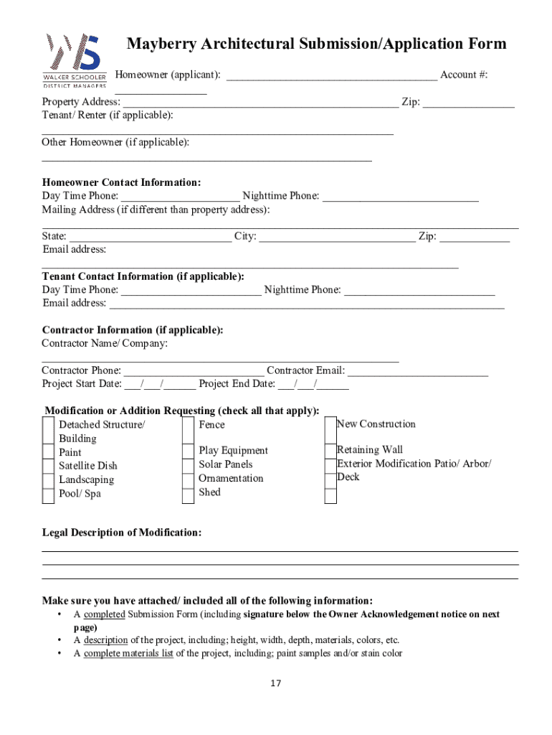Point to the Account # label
(464, 75)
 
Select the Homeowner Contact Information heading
(121, 182)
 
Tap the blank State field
(151, 237)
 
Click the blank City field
(337, 237)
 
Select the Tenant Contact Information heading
(143, 276)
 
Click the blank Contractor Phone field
(194, 371)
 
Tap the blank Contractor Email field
(417, 371)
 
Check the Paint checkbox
(48, 452)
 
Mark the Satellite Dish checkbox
(48, 466)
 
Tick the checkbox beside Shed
(188, 493)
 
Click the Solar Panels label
(226, 464)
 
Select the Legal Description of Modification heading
(122, 533)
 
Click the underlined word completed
(105, 614)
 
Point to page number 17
(276, 683)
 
